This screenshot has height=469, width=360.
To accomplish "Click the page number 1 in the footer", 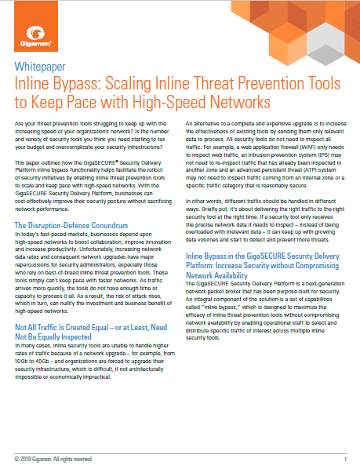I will point(345,457).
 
